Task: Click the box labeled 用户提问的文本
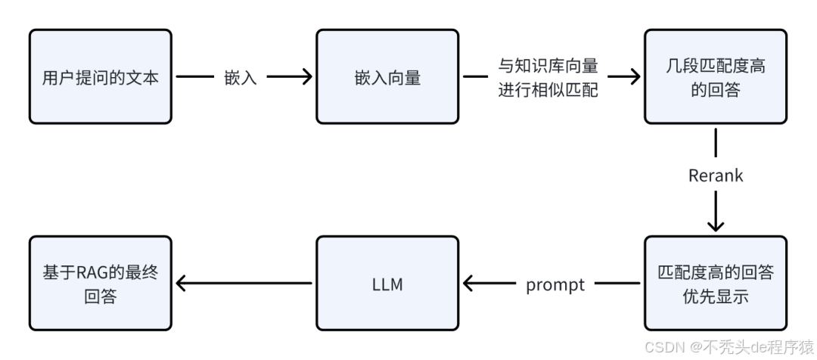click(100, 76)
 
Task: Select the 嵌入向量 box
click(387, 76)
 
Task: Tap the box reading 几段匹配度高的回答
click(715, 76)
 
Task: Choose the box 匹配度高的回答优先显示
click(715, 283)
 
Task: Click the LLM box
click(387, 283)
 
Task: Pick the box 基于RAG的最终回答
click(100, 283)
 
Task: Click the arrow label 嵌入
click(241, 77)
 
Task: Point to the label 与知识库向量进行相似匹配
click(548, 77)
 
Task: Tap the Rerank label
click(715, 175)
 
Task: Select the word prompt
click(555, 284)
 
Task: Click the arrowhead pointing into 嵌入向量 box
click(307, 76)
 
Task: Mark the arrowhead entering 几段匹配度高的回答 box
click(635, 76)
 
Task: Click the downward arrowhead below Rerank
click(715, 225)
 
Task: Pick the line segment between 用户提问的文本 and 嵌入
click(194, 76)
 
